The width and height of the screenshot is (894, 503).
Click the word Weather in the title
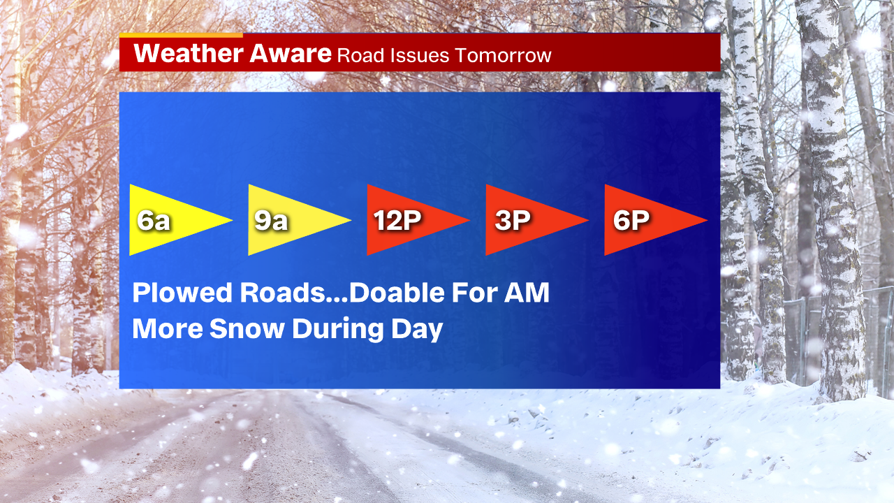(x=189, y=53)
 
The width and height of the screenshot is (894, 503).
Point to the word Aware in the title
(x=291, y=53)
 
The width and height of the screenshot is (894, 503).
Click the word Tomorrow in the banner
(x=504, y=55)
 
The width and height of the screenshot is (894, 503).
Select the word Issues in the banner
(x=420, y=55)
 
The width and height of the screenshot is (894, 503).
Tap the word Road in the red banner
(x=361, y=55)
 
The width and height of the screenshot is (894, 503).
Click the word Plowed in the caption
(x=182, y=293)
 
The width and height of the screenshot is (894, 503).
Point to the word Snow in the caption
(x=247, y=328)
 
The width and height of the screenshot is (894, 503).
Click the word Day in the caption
(x=417, y=330)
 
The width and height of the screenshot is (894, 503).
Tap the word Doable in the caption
(x=397, y=293)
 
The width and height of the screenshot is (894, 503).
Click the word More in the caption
(x=168, y=328)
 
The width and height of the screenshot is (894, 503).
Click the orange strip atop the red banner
(x=181, y=35)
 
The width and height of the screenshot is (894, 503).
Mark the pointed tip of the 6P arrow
(x=707, y=220)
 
